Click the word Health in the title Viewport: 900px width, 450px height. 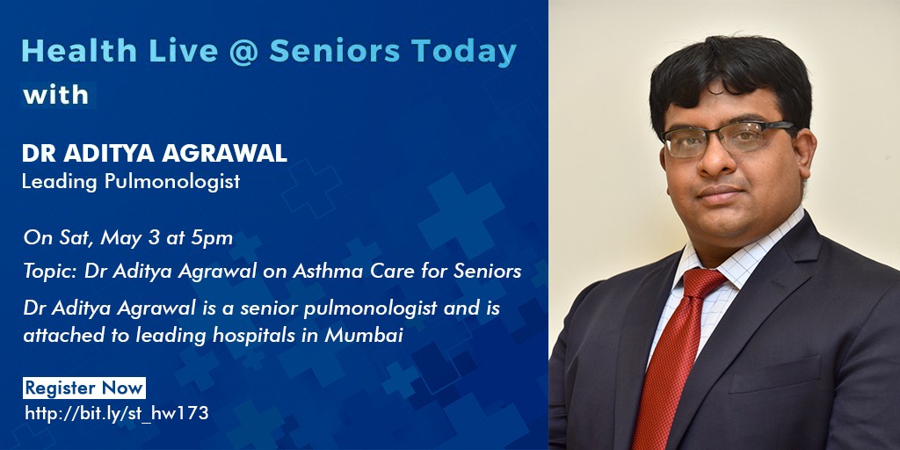(x=79, y=51)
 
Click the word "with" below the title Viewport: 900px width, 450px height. (x=55, y=95)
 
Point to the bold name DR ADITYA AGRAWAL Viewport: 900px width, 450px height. (x=155, y=153)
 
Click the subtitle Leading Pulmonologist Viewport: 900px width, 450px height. (x=131, y=182)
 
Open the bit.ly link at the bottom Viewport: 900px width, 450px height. (x=117, y=413)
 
